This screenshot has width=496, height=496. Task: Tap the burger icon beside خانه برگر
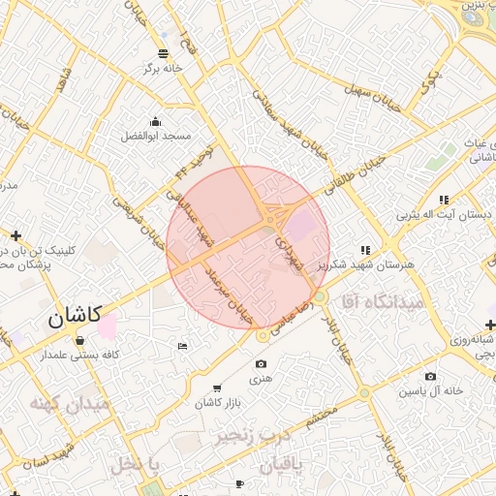pos(161,52)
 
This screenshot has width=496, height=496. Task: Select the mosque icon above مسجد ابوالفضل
pos(156,121)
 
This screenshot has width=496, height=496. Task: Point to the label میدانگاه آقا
pos(386,303)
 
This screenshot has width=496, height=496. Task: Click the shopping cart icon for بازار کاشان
pos(215,387)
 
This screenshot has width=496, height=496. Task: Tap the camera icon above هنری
pos(261,364)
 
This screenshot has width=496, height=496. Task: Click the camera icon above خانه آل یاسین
pos(430,376)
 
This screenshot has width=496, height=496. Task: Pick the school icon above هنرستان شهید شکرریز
pos(365,249)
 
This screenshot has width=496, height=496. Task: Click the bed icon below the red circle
pos(183,346)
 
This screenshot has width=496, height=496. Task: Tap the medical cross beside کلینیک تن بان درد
pos(15,235)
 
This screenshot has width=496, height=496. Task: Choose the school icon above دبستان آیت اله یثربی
pos(445,199)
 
